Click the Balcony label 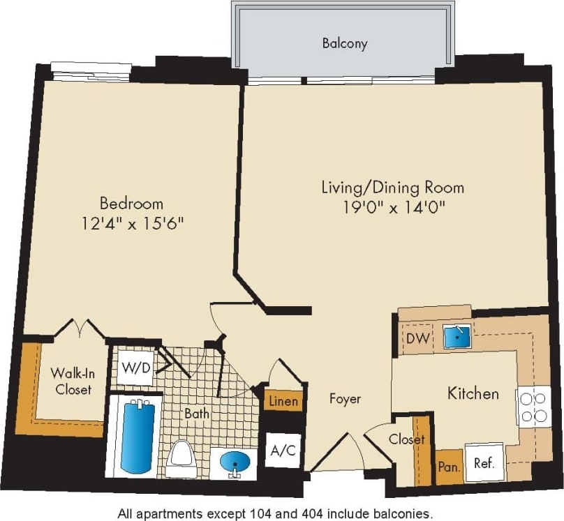pos(344,43)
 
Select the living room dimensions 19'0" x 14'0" pos(392,206)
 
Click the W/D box pos(135,368)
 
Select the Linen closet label pos(283,401)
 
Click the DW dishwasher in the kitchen pos(417,339)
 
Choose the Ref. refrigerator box pos(484,463)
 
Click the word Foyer pos(345,399)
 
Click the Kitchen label pos(473,393)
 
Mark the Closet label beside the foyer pos(407,439)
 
